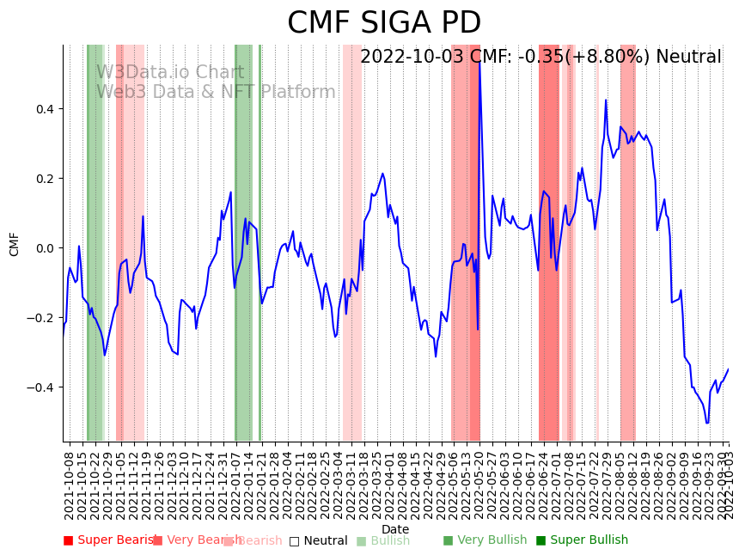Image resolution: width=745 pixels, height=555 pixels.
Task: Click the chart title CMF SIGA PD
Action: [x=384, y=23]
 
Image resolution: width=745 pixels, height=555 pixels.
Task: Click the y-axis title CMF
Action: [x=15, y=244]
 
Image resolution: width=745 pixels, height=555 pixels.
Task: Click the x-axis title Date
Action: [x=395, y=529]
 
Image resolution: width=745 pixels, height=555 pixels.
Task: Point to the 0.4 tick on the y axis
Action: [x=44, y=109]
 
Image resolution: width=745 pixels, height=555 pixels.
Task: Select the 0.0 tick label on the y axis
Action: [x=44, y=248]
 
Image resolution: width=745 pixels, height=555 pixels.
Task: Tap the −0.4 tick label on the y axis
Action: [x=40, y=387]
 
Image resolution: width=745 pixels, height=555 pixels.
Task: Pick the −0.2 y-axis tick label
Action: [x=40, y=318]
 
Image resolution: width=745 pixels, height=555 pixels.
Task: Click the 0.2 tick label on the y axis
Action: [x=44, y=179]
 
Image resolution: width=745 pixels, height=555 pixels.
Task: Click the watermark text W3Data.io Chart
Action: [x=170, y=72]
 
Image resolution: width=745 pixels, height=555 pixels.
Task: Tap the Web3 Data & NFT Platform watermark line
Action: [x=216, y=92]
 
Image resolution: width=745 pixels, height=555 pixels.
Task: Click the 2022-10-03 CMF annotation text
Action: [x=540, y=58]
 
